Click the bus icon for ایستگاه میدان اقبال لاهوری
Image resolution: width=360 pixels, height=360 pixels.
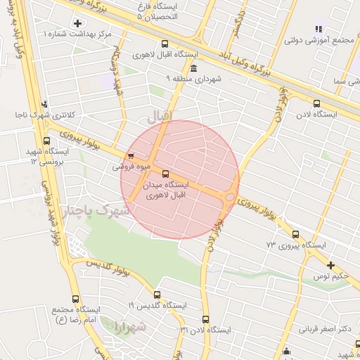tap(165, 173)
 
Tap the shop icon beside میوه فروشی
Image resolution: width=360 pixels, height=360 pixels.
tap(130, 156)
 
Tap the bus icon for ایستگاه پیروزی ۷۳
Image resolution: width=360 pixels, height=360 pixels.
tap(295, 235)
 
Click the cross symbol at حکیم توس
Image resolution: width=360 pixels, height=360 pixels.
tap(331, 265)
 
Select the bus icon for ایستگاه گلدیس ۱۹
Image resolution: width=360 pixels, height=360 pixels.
tap(157, 295)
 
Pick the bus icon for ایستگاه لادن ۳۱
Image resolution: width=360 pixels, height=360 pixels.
tap(205, 319)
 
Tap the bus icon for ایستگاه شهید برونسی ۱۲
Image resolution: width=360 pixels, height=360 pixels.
tap(48, 140)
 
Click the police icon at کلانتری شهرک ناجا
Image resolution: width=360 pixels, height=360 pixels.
tap(44, 103)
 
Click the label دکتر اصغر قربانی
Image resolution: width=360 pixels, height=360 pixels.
tap(324, 328)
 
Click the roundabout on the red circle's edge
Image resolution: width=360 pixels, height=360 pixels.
tap(230, 197)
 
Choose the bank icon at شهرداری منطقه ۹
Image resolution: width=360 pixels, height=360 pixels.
tap(193, 68)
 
